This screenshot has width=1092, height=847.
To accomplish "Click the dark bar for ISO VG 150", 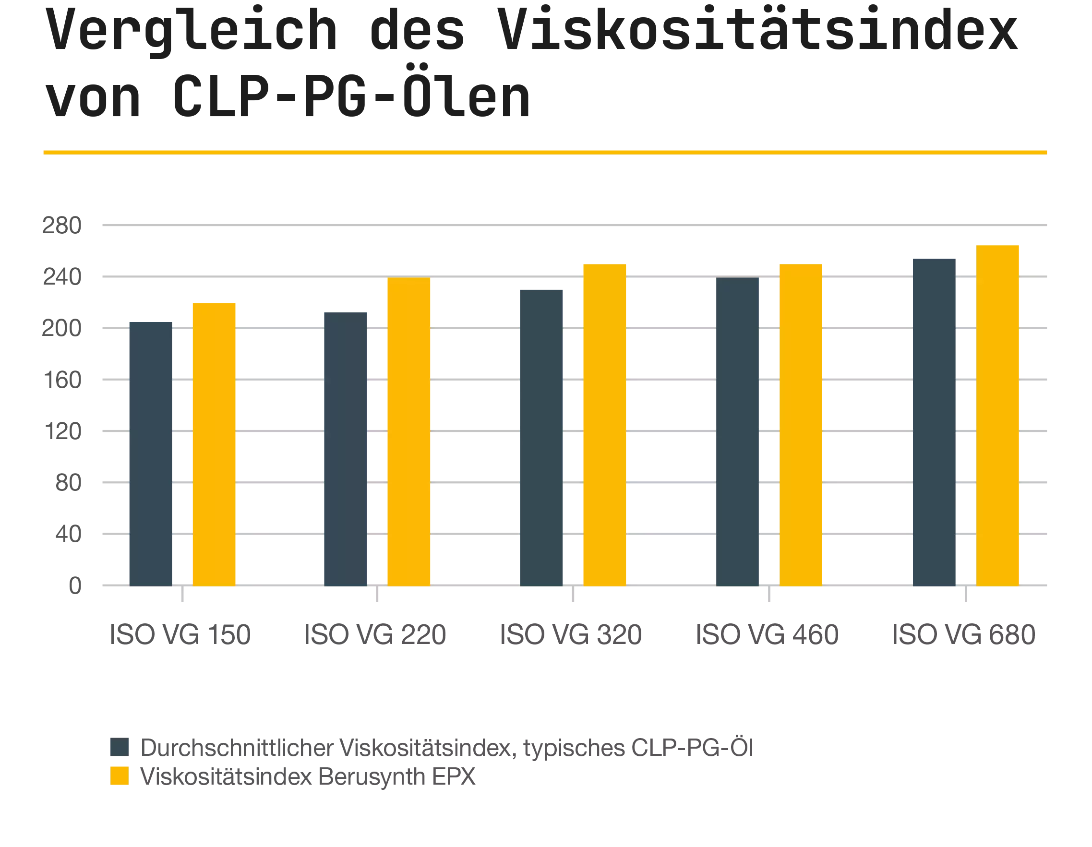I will click(x=150, y=453).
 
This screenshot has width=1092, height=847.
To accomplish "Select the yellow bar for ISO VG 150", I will click(x=215, y=443).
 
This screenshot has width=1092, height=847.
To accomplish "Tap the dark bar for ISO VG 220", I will click(x=346, y=449).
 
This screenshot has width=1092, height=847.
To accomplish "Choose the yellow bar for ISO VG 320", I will click(x=605, y=425).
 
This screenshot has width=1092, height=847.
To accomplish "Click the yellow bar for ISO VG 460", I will click(x=801, y=425).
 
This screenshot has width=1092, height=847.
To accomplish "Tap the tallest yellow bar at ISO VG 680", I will click(x=998, y=415).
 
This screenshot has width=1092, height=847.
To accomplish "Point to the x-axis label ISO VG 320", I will click(x=571, y=634).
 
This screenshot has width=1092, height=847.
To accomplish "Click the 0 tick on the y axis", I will click(x=76, y=585).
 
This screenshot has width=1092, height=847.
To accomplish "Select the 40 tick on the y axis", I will click(x=69, y=534).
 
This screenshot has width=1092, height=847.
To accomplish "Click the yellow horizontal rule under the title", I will click(x=545, y=153).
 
